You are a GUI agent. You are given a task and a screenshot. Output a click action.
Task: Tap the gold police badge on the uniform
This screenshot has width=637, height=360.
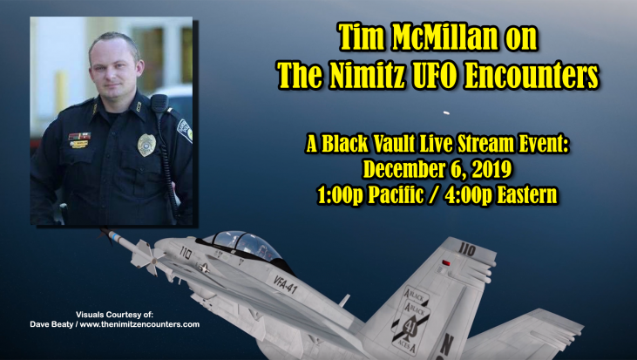pyautogui.click(x=146, y=145)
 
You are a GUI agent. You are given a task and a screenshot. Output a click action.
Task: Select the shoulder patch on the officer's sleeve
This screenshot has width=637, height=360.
pyautogui.click(x=185, y=130)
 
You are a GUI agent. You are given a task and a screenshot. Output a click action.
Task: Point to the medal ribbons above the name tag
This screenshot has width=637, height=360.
pyautogui.click(x=79, y=136)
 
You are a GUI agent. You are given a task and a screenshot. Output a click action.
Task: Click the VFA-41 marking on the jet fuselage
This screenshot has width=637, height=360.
pyautogui.click(x=285, y=284)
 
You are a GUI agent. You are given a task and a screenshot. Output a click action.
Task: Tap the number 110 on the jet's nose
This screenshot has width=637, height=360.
pyautogui.click(x=186, y=252)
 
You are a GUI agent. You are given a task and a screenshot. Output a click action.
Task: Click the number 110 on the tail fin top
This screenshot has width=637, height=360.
pyautogui.click(x=467, y=248)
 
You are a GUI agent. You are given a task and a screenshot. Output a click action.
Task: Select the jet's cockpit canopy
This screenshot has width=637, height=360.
pyautogui.click(x=244, y=245)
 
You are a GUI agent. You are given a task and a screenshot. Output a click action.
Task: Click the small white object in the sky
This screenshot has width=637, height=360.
pyautogui.click(x=445, y=113)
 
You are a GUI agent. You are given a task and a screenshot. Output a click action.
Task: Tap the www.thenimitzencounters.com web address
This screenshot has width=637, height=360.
pyautogui.click(x=139, y=324)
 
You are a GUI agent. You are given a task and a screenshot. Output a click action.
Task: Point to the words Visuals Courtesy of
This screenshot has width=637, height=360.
pyautogui.click(x=115, y=315)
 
